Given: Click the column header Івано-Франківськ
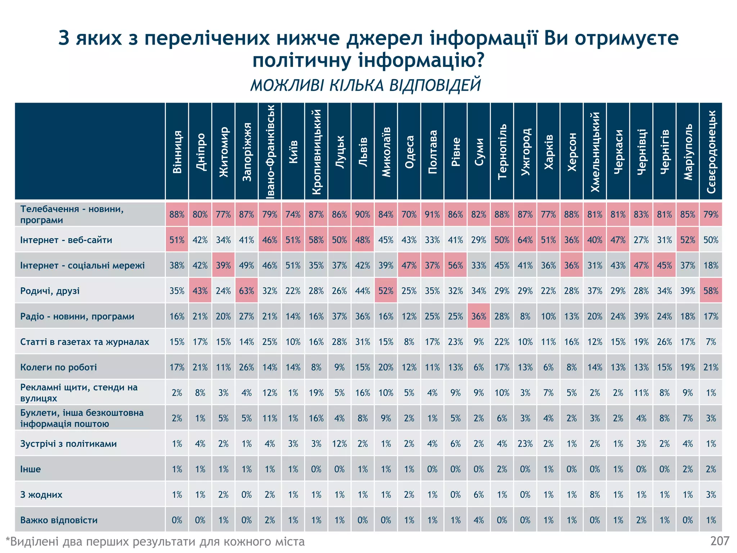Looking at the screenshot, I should coord(270,151).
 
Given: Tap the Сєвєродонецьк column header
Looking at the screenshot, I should coord(711,151).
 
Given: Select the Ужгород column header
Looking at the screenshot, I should coord(525,151).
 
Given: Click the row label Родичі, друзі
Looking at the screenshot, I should coord(50,291).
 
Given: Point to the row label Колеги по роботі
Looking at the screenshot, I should coord(59,367).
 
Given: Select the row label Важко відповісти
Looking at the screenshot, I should coord(59,520).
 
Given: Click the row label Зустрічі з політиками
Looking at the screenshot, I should coord(68,444).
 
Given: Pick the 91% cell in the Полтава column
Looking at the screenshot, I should coord(432,215).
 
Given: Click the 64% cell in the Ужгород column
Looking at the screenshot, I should coord(525,240).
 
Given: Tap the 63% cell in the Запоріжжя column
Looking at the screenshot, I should coord(247,291).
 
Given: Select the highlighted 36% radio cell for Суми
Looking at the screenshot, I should coord(479,316).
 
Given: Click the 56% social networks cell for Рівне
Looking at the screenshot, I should coord(456,265).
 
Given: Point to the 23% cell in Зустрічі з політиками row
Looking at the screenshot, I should coord(525,444).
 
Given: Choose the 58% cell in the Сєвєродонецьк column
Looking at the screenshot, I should coord(711,291).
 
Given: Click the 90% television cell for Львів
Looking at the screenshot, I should coord(363,215).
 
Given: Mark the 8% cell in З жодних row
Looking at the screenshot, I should coord(595,494).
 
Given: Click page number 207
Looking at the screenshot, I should coord(720,541).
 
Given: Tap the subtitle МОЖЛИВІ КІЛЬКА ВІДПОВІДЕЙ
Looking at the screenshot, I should coord(366,86).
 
